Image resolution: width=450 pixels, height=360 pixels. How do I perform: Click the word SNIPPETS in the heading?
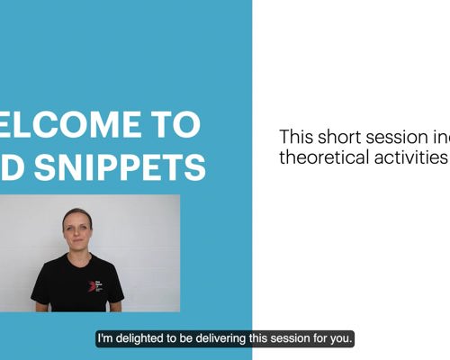tap(139, 167)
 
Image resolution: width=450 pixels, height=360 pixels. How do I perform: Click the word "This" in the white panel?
tap(296, 138)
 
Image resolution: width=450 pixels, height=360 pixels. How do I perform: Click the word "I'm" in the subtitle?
tap(106, 339)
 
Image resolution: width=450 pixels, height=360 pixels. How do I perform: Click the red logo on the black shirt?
tap(92, 285)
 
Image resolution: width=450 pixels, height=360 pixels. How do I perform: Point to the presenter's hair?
tap(76, 214)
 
